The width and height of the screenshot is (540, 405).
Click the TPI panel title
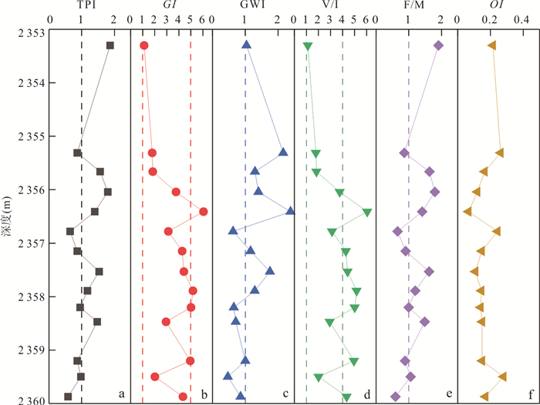click(x=86, y=6)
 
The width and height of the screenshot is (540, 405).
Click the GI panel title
click(x=169, y=6)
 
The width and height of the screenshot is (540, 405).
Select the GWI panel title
click(x=250, y=6)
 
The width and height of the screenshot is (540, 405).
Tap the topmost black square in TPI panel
click(x=110, y=45)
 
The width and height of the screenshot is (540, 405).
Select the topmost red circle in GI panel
click(x=143, y=46)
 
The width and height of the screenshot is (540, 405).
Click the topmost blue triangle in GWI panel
click(x=247, y=45)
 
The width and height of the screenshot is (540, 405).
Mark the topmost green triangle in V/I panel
click(x=308, y=47)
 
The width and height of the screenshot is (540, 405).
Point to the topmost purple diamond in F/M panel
click(x=439, y=45)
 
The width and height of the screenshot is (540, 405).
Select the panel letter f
click(x=530, y=395)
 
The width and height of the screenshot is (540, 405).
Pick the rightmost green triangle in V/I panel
click(x=367, y=212)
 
